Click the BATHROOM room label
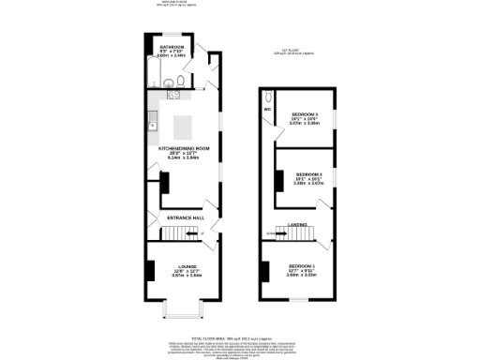[x=171, y=46]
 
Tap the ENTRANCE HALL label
[x=185, y=218]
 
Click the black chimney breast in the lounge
[x=149, y=269]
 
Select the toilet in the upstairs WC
[x=269, y=97]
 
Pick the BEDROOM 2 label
[x=309, y=174]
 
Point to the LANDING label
[x=298, y=224]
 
